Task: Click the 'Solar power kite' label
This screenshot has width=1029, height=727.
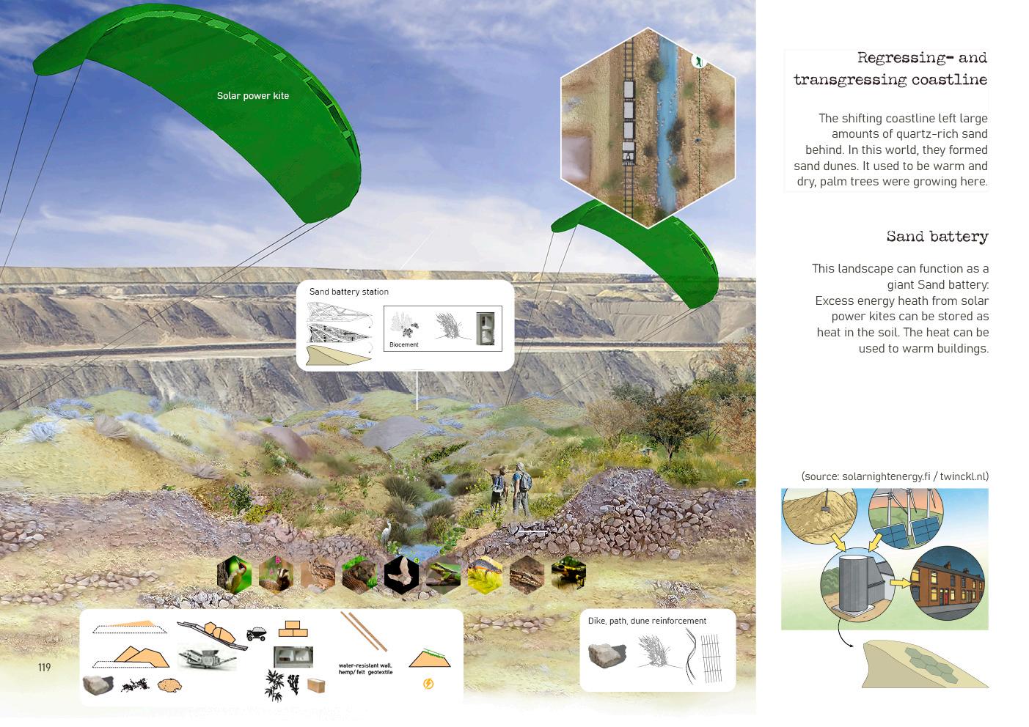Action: coord(252,96)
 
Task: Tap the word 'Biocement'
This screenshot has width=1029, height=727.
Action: coord(403,344)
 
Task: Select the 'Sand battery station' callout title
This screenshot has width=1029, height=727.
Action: coord(348,292)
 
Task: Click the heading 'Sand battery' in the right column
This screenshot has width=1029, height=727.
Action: coord(937,237)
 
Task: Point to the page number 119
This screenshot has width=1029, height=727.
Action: coord(45,668)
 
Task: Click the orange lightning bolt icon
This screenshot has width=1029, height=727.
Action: coord(428,684)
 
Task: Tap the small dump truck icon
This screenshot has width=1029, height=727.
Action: coord(256,634)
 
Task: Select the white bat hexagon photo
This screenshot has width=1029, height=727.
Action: coord(401,574)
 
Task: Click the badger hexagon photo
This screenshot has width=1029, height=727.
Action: coord(277,575)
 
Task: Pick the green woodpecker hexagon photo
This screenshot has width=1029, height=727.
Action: coord(235,574)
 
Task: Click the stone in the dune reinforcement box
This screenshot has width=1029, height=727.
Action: coord(607,654)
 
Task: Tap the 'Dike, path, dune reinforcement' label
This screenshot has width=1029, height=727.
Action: coord(647,621)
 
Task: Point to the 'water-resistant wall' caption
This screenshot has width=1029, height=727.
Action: coord(365,665)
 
